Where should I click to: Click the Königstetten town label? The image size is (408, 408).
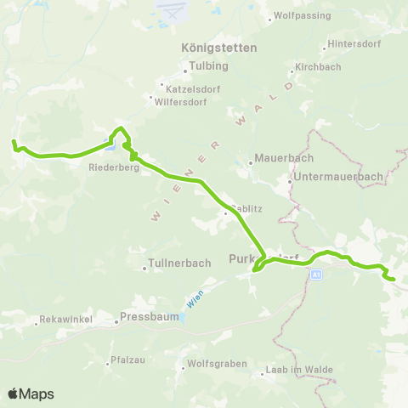(x=218, y=48)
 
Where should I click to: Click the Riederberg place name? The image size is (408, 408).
(x=108, y=167)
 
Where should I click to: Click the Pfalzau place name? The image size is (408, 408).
(x=127, y=360)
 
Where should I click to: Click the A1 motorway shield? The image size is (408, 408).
(x=315, y=275)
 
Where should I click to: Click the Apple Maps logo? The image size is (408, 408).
(x=31, y=394)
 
